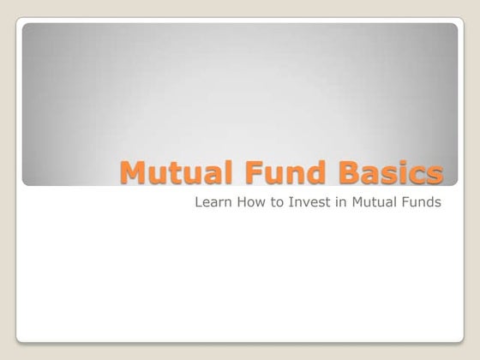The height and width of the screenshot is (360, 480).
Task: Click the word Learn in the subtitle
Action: click(212, 203)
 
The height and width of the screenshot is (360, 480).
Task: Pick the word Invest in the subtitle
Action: click(303, 203)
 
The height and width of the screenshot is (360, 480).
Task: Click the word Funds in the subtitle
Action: click(420, 203)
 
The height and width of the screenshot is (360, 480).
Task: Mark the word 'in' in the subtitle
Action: click(334, 203)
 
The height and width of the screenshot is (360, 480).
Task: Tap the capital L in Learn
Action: click(199, 203)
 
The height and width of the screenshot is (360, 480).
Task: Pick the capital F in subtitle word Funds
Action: click(403, 203)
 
